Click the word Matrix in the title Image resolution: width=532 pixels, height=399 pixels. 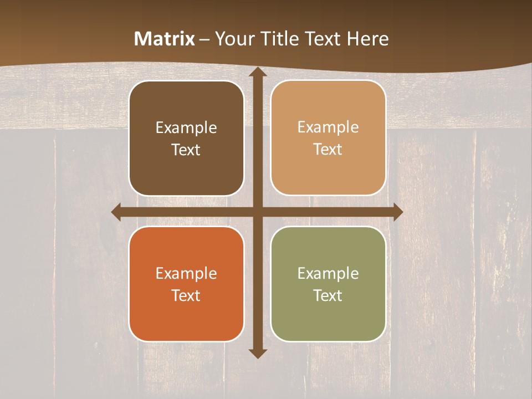165,39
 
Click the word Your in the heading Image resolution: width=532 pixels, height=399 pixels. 233,39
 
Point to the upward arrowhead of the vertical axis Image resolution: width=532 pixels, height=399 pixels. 257,72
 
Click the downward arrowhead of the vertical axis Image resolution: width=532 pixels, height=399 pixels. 257,353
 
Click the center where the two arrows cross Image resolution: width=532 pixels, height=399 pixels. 257,212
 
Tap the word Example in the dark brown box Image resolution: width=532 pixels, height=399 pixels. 186,128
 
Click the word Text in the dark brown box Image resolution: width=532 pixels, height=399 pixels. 186,150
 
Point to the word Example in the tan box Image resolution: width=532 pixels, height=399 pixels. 328,127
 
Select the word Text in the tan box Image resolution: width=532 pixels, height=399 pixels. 328,150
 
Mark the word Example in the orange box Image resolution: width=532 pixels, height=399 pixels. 186,274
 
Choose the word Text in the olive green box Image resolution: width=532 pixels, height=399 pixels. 328,296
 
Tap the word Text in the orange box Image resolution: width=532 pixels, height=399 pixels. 186,296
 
